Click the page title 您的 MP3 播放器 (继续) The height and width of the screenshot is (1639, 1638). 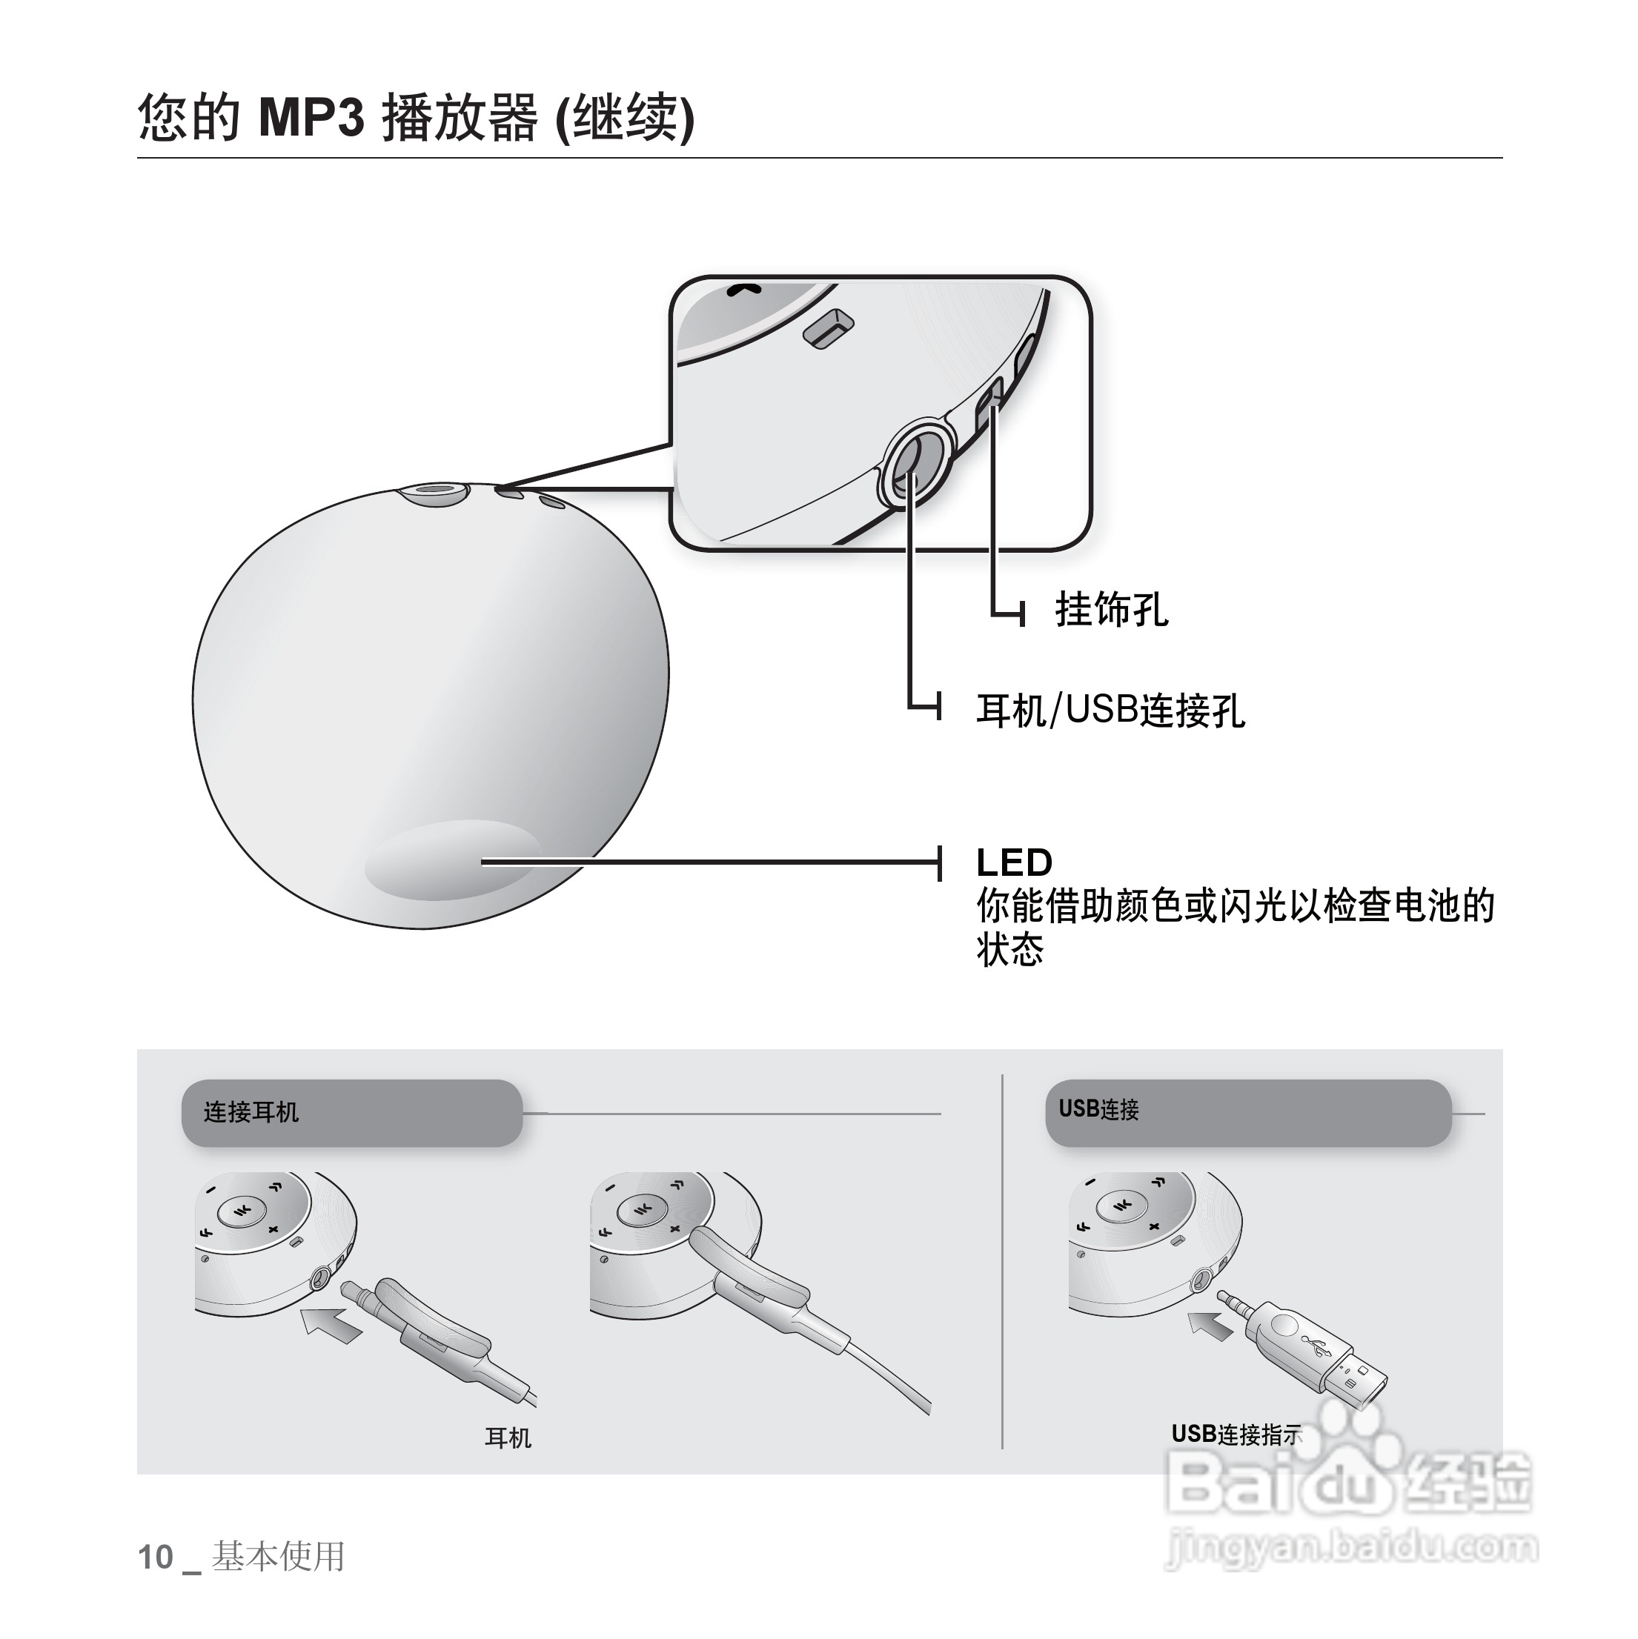click(416, 117)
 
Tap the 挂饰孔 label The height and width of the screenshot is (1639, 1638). click(1111, 610)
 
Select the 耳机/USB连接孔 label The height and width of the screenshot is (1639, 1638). click(1110, 710)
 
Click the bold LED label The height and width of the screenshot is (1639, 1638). click(1014, 862)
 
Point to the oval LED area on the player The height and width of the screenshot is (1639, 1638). click(452, 860)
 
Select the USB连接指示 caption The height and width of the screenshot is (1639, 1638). click(1236, 1434)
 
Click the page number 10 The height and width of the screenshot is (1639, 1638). click(156, 1557)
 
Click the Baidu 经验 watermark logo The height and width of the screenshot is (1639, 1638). click(1350, 1480)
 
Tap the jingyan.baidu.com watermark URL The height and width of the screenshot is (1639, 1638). click(1351, 1546)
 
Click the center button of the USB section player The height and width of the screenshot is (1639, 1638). click(1121, 1206)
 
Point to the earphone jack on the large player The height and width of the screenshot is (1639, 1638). click(437, 493)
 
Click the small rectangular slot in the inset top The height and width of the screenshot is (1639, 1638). click(829, 329)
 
